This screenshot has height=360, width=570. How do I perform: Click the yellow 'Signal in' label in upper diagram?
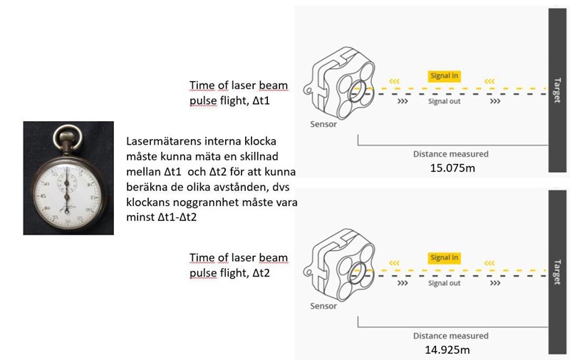444,76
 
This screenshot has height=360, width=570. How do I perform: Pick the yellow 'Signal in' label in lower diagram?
444,257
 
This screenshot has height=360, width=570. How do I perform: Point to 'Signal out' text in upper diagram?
444,102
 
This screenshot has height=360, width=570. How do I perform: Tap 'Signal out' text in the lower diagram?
444,283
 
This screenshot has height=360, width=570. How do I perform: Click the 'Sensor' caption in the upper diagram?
323,124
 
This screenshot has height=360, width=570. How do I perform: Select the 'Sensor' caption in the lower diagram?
323,306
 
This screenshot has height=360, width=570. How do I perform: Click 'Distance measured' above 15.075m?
450,153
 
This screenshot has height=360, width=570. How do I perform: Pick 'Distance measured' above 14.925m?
450,336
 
